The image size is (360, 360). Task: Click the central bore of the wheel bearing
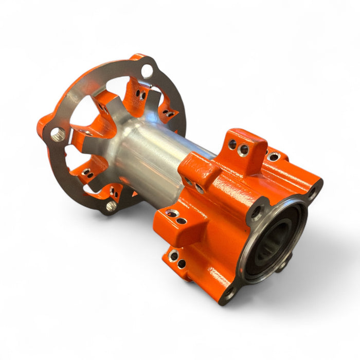tap(276, 238)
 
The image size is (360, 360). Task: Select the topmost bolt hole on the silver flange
tap(147, 70)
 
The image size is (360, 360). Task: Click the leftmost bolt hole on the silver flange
tap(57, 135)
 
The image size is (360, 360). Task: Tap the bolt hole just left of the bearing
tap(256, 212)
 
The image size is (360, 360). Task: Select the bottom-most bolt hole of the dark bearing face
tap(229, 293)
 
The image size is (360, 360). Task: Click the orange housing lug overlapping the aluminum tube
tap(197, 172)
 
